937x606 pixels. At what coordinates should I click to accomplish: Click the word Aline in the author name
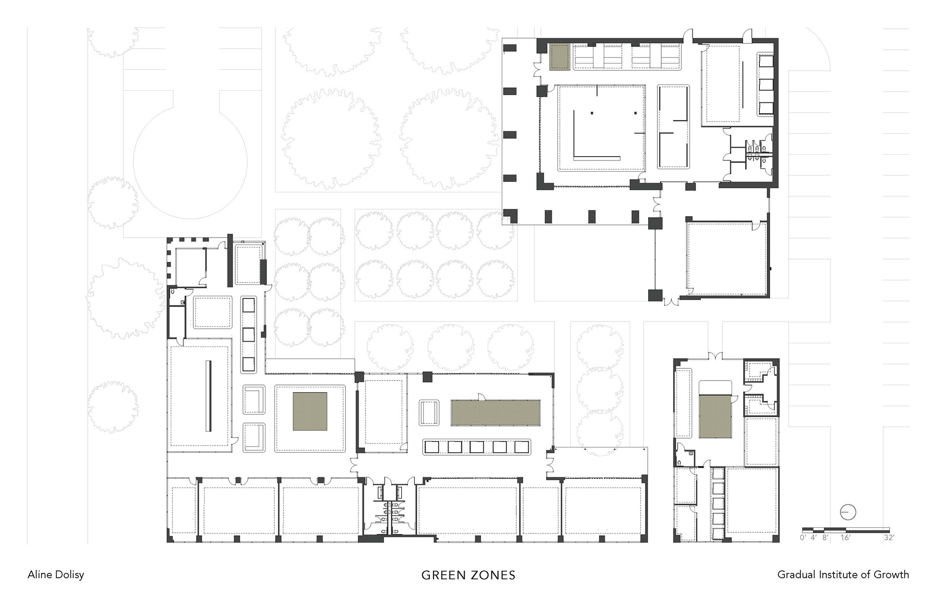[39, 574]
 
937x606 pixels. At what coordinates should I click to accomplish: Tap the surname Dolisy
[68, 575]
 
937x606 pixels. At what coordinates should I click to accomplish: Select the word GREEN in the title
[443, 575]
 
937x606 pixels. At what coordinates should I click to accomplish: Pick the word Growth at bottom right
[893, 574]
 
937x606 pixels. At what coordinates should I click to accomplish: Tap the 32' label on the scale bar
[889, 538]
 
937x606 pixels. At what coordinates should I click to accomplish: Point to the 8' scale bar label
[825, 538]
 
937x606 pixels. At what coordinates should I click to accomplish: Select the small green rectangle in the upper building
[560, 57]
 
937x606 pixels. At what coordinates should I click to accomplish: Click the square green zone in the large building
[310, 411]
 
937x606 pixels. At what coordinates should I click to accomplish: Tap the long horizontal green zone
[495, 412]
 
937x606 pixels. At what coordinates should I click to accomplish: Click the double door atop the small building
[715, 355]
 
